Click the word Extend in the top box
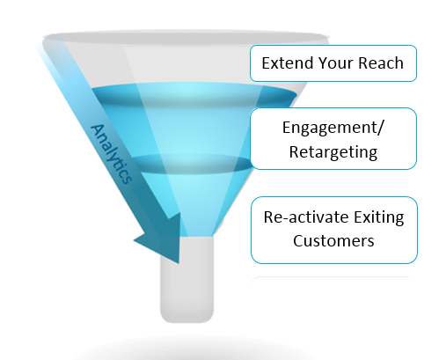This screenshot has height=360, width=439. tap(289, 63)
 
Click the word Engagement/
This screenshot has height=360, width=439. tap(333, 129)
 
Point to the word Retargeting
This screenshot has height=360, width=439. tap(333, 152)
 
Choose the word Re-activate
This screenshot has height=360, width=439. tap(306, 217)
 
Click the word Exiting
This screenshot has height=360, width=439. tap(379, 218)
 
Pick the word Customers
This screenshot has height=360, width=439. tap(333, 241)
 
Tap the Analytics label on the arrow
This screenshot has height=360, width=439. tap(111, 154)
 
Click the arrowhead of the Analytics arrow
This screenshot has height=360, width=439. tap(165, 239)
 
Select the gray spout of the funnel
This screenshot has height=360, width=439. tap(187, 279)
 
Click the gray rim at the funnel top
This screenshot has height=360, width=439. tap(187, 38)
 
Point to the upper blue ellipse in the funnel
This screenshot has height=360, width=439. tap(194, 94)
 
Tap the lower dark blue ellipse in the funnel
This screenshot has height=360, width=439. tap(192, 164)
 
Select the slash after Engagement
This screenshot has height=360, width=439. tap(380, 128)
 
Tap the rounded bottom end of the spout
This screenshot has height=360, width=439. tap(187, 320)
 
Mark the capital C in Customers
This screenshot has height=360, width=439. tap(297, 241)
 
